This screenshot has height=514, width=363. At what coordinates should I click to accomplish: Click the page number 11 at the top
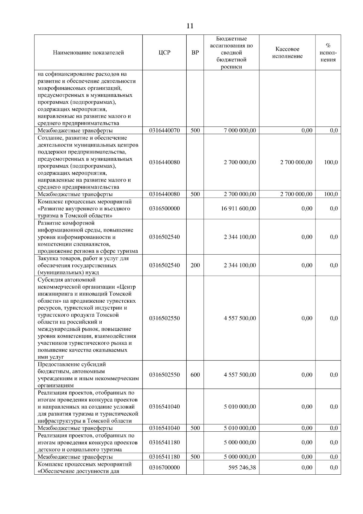(x=190, y=26)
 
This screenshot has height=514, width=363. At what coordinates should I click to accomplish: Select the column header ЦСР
(x=164, y=53)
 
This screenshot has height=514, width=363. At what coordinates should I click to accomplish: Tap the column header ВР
(x=195, y=53)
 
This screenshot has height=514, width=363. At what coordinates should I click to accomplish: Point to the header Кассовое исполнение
(x=287, y=53)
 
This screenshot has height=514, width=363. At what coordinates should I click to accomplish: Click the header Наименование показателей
(x=88, y=53)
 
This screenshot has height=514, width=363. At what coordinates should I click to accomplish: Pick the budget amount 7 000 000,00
(x=240, y=130)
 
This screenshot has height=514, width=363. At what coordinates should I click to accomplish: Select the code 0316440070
(x=164, y=130)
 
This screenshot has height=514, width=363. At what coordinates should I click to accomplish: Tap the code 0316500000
(x=164, y=209)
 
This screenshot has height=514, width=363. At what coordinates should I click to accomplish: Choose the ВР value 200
(x=195, y=265)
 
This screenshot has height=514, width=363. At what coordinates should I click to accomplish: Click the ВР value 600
(x=195, y=375)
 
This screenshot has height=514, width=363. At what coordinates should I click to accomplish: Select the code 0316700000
(x=164, y=468)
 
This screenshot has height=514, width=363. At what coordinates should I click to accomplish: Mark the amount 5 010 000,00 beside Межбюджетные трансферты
(x=240, y=428)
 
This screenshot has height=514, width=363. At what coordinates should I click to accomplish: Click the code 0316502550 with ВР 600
(x=164, y=375)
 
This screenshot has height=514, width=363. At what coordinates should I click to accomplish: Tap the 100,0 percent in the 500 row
(x=331, y=194)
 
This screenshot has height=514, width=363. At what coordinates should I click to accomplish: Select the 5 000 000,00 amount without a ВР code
(x=240, y=442)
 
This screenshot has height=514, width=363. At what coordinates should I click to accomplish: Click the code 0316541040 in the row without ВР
(x=164, y=407)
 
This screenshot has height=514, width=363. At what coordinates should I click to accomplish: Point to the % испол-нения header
(x=328, y=53)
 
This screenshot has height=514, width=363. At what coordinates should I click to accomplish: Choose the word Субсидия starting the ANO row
(x=50, y=280)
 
